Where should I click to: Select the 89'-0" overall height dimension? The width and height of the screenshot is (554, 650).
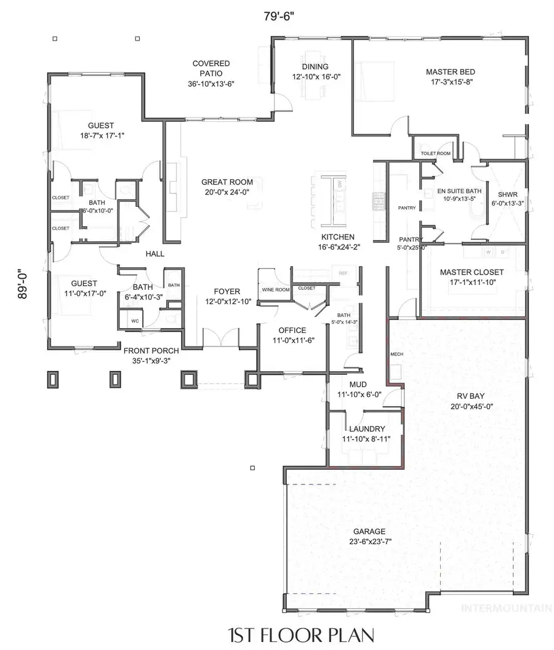(23, 284)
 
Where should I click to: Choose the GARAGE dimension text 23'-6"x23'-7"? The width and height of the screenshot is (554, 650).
(369, 542)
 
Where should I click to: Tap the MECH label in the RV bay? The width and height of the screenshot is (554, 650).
(396, 355)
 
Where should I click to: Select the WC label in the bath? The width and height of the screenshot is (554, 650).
(134, 321)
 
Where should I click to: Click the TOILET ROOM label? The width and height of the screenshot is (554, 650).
(435, 153)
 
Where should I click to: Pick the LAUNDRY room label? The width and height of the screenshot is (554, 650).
(367, 429)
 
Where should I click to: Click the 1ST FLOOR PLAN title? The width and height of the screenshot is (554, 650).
(301, 633)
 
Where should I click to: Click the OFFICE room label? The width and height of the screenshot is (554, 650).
(292, 330)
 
